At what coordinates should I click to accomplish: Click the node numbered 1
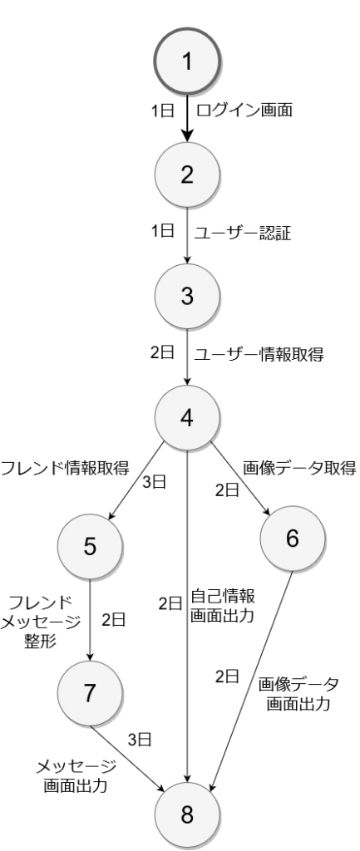click(187, 61)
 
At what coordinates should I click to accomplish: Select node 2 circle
click(187, 175)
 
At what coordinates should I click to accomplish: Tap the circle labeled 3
click(187, 297)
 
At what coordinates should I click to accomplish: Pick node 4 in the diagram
click(187, 417)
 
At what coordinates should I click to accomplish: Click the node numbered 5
click(90, 547)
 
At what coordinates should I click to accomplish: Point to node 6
click(293, 539)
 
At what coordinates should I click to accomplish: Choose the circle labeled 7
click(90, 693)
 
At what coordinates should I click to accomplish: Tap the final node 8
click(187, 814)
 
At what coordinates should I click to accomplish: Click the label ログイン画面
click(244, 111)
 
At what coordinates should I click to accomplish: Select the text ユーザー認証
click(243, 234)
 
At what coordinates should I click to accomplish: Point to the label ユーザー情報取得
click(259, 356)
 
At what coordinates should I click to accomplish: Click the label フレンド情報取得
click(65, 467)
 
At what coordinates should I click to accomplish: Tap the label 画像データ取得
click(299, 468)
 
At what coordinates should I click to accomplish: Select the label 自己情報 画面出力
click(223, 605)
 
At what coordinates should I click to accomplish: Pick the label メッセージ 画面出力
click(76, 776)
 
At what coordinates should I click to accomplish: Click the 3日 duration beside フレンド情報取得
click(154, 483)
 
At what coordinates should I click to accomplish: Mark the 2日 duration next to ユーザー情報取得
click(162, 352)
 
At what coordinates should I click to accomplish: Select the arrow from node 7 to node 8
click(128, 755)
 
